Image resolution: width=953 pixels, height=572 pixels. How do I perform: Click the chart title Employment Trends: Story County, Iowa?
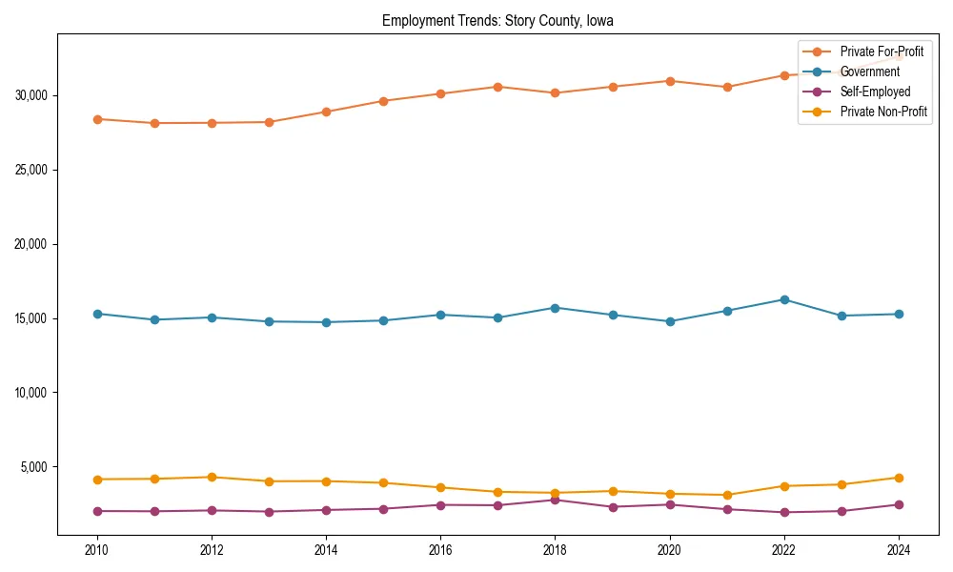pyautogui.click(x=497, y=20)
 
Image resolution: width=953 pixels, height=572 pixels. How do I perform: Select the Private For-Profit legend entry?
pyautogui.click(x=882, y=51)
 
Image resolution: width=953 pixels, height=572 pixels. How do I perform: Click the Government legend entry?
pyautogui.click(x=869, y=71)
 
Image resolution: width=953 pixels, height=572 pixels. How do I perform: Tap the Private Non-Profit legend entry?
pyautogui.click(x=883, y=112)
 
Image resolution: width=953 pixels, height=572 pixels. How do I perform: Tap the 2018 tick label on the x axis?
pyautogui.click(x=555, y=549)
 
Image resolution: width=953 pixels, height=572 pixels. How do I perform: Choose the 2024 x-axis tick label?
pyautogui.click(x=899, y=549)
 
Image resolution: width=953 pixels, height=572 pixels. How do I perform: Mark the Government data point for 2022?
pyautogui.click(x=784, y=299)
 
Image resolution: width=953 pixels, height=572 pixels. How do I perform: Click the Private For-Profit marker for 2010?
pyautogui.click(x=96, y=119)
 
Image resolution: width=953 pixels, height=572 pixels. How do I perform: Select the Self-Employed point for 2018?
pyautogui.click(x=555, y=500)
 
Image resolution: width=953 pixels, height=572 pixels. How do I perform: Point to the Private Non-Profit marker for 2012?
pyautogui.click(x=212, y=477)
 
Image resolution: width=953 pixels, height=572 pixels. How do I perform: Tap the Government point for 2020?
pyautogui.click(x=670, y=321)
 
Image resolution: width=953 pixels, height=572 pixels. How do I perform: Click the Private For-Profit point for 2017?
pyautogui.click(x=497, y=87)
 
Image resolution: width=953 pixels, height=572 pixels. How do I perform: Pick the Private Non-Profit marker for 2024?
pyautogui.click(x=899, y=478)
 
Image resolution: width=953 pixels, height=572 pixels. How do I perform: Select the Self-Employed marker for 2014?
pyautogui.click(x=326, y=510)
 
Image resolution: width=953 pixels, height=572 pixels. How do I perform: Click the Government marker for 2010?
pyautogui.click(x=96, y=314)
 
